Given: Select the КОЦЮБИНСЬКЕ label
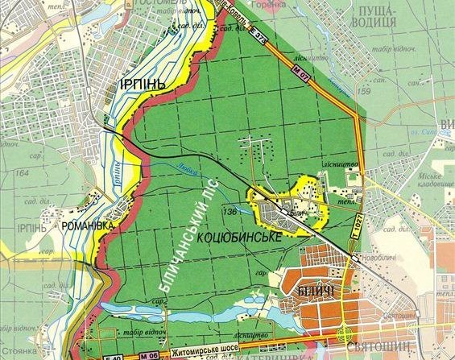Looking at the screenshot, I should (234, 239).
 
